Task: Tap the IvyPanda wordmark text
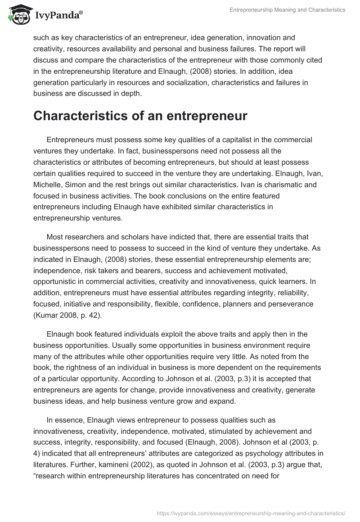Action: click(58, 17)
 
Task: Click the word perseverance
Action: click(292, 304)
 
